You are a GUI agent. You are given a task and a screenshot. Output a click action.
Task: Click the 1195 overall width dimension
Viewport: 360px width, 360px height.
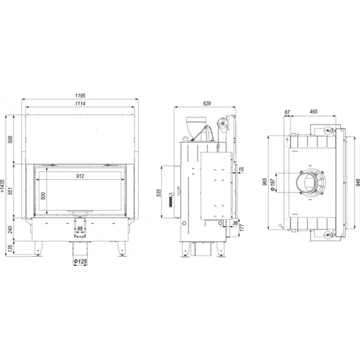pyautogui.click(x=80, y=95)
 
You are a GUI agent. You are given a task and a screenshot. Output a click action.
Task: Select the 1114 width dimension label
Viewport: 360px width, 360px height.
pyautogui.click(x=80, y=103)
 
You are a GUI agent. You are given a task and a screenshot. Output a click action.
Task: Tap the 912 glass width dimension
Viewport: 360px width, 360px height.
pyautogui.click(x=80, y=176)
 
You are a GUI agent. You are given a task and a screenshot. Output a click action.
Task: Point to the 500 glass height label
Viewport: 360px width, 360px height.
pyautogui.click(x=43, y=196)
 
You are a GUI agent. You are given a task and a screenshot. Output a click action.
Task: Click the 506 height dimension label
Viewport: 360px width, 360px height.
pyautogui.click(x=10, y=139)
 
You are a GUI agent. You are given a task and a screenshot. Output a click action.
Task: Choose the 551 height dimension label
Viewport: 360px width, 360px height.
pyautogui.click(x=10, y=190)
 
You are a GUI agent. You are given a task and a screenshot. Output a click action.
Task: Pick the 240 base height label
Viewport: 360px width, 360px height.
pyautogui.click(x=10, y=229)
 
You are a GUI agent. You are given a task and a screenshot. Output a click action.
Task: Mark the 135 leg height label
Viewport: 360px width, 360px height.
pyautogui.click(x=10, y=248)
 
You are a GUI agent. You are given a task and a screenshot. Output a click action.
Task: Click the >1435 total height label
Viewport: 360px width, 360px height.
pyautogui.click(x=2, y=186)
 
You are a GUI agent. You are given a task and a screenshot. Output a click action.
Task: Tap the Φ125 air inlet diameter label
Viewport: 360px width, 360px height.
pyautogui.click(x=80, y=261)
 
